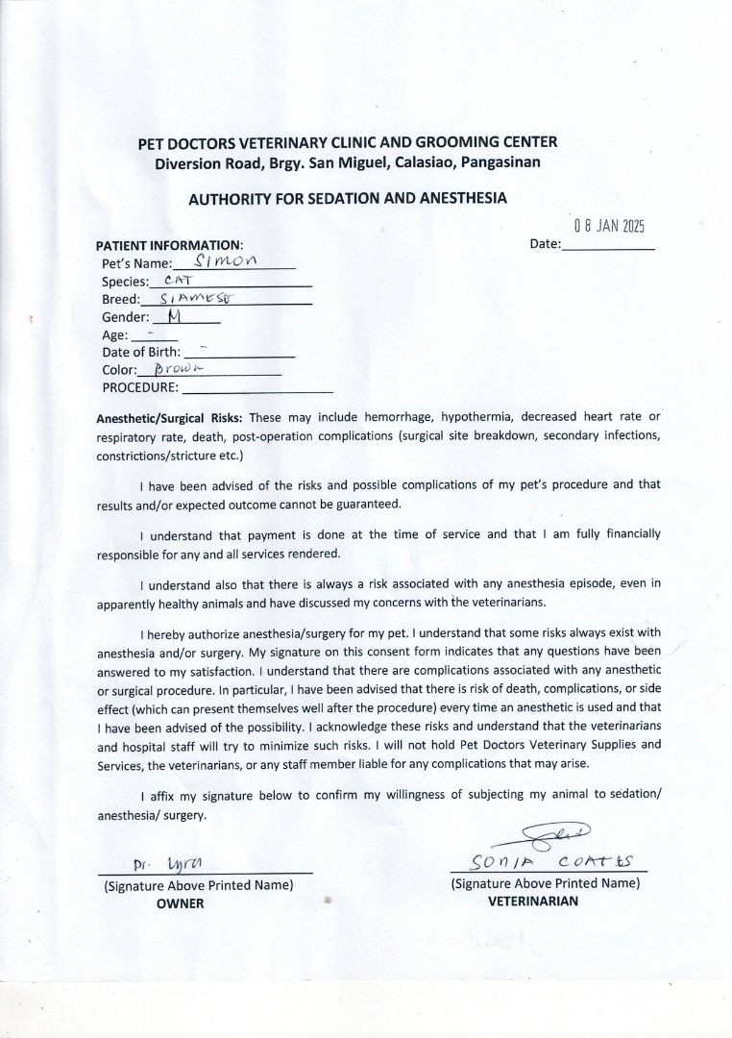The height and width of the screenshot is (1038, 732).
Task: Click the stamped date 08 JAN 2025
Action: point(609,227)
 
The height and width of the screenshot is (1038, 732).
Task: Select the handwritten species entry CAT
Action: point(179,280)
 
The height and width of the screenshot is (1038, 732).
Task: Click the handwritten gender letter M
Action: point(174,316)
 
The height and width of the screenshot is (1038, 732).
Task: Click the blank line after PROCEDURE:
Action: point(256,389)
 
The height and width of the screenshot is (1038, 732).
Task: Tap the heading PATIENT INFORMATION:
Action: point(169,245)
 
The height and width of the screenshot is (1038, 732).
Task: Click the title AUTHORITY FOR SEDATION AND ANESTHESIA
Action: point(347,199)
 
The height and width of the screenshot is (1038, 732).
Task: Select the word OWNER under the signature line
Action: point(181,902)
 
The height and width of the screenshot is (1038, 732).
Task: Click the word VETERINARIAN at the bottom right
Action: point(533,901)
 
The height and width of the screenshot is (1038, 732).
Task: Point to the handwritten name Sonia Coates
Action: point(545,860)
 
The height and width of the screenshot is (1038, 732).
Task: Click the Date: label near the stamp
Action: point(545,244)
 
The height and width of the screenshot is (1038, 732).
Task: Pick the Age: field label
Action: point(114,335)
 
